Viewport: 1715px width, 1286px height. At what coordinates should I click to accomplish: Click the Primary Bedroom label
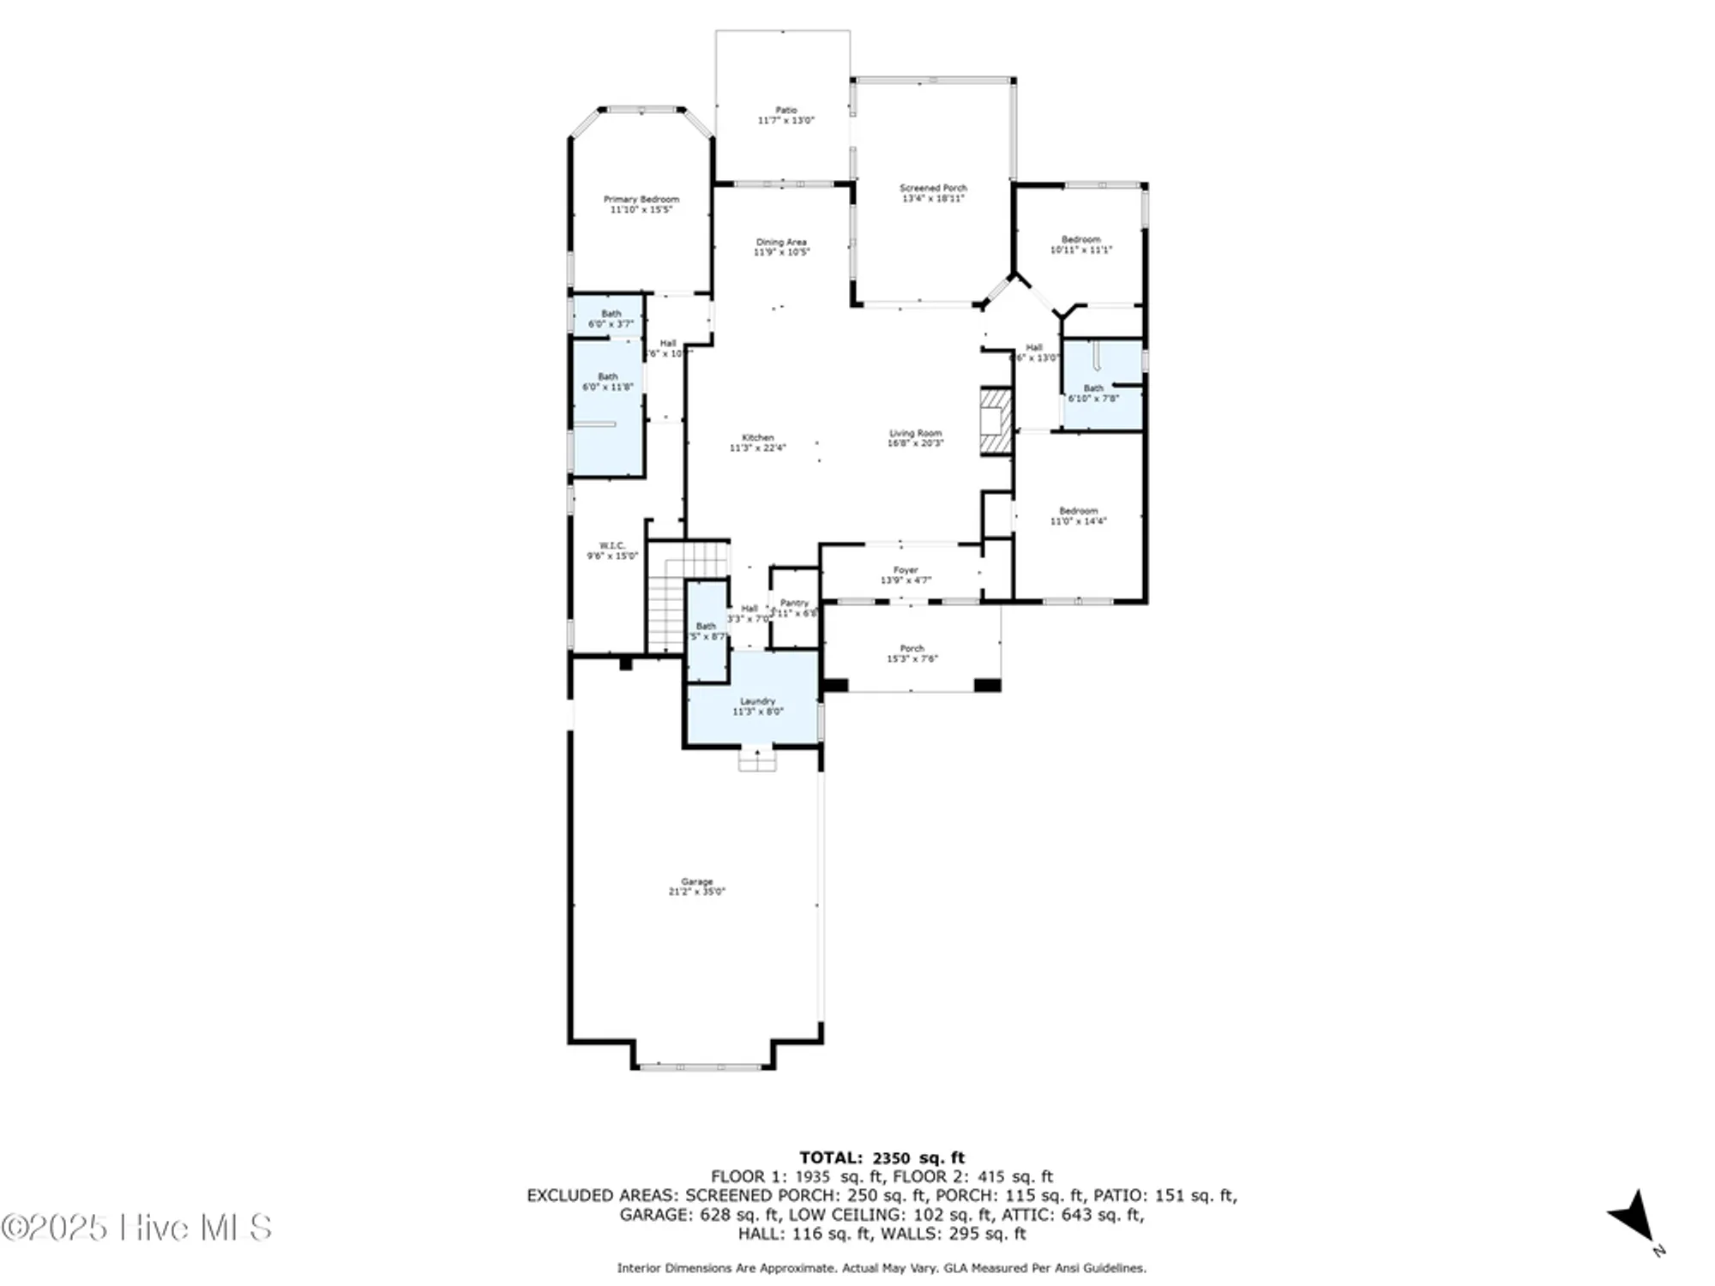[641, 200]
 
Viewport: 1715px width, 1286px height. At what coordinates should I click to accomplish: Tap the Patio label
[785, 111]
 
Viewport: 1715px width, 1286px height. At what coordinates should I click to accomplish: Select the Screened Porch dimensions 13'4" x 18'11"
[933, 199]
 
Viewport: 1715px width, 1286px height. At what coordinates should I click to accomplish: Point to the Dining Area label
[781, 243]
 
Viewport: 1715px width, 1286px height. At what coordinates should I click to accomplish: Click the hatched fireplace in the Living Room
[996, 421]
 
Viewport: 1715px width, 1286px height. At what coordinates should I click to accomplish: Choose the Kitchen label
[757, 438]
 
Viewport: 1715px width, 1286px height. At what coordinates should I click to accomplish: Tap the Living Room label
[915, 434]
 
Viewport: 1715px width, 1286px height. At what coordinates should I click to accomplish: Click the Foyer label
[906, 570]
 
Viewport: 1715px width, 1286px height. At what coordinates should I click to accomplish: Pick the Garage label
[696, 882]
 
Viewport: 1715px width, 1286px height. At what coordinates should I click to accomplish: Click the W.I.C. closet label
[611, 546]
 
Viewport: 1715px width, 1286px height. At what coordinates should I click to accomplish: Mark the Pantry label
[794, 604]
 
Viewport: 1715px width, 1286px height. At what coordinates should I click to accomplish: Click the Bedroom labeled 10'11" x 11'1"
[1080, 245]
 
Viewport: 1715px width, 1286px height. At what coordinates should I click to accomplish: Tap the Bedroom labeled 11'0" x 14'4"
[1078, 516]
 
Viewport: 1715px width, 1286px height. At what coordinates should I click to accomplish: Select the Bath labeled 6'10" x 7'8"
[1093, 394]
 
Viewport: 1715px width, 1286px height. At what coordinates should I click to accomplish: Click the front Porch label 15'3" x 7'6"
[912, 654]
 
